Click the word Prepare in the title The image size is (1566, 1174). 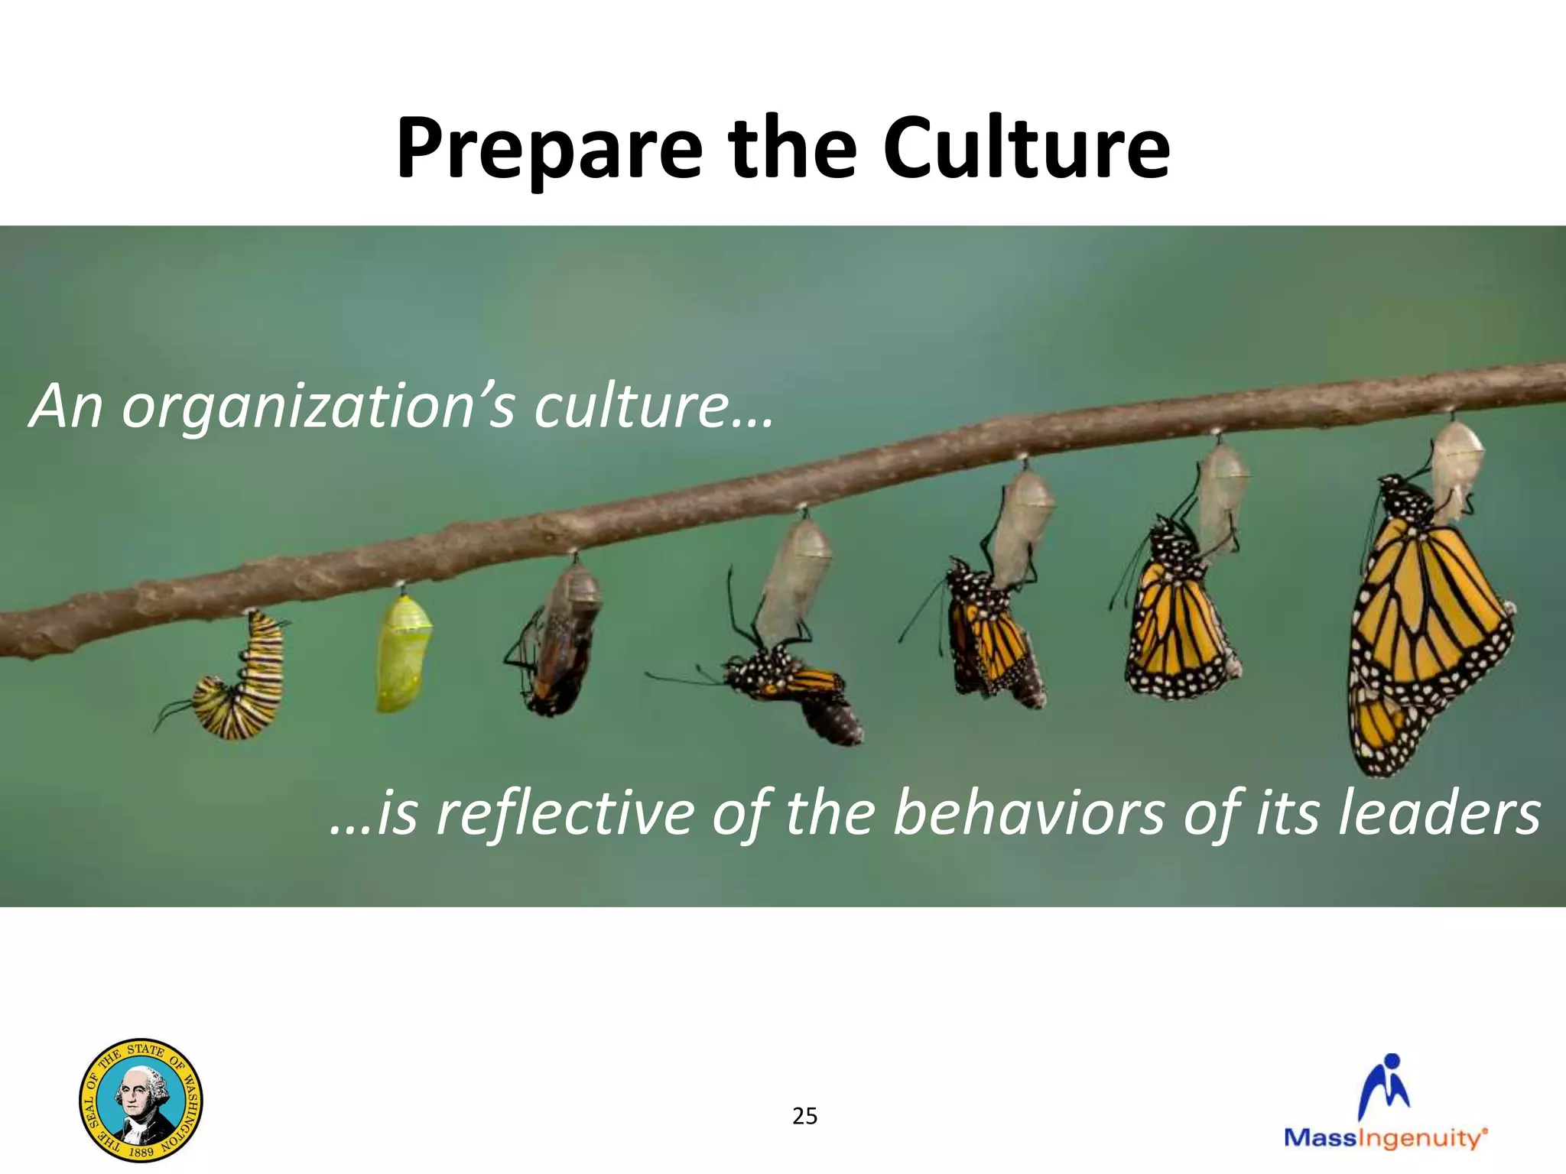click(548, 149)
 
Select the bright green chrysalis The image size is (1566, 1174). click(401, 653)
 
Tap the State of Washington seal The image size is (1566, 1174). click(141, 1100)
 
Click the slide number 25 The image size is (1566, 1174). click(804, 1117)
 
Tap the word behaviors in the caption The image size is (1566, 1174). click(1029, 813)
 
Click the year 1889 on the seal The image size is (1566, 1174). click(141, 1150)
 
